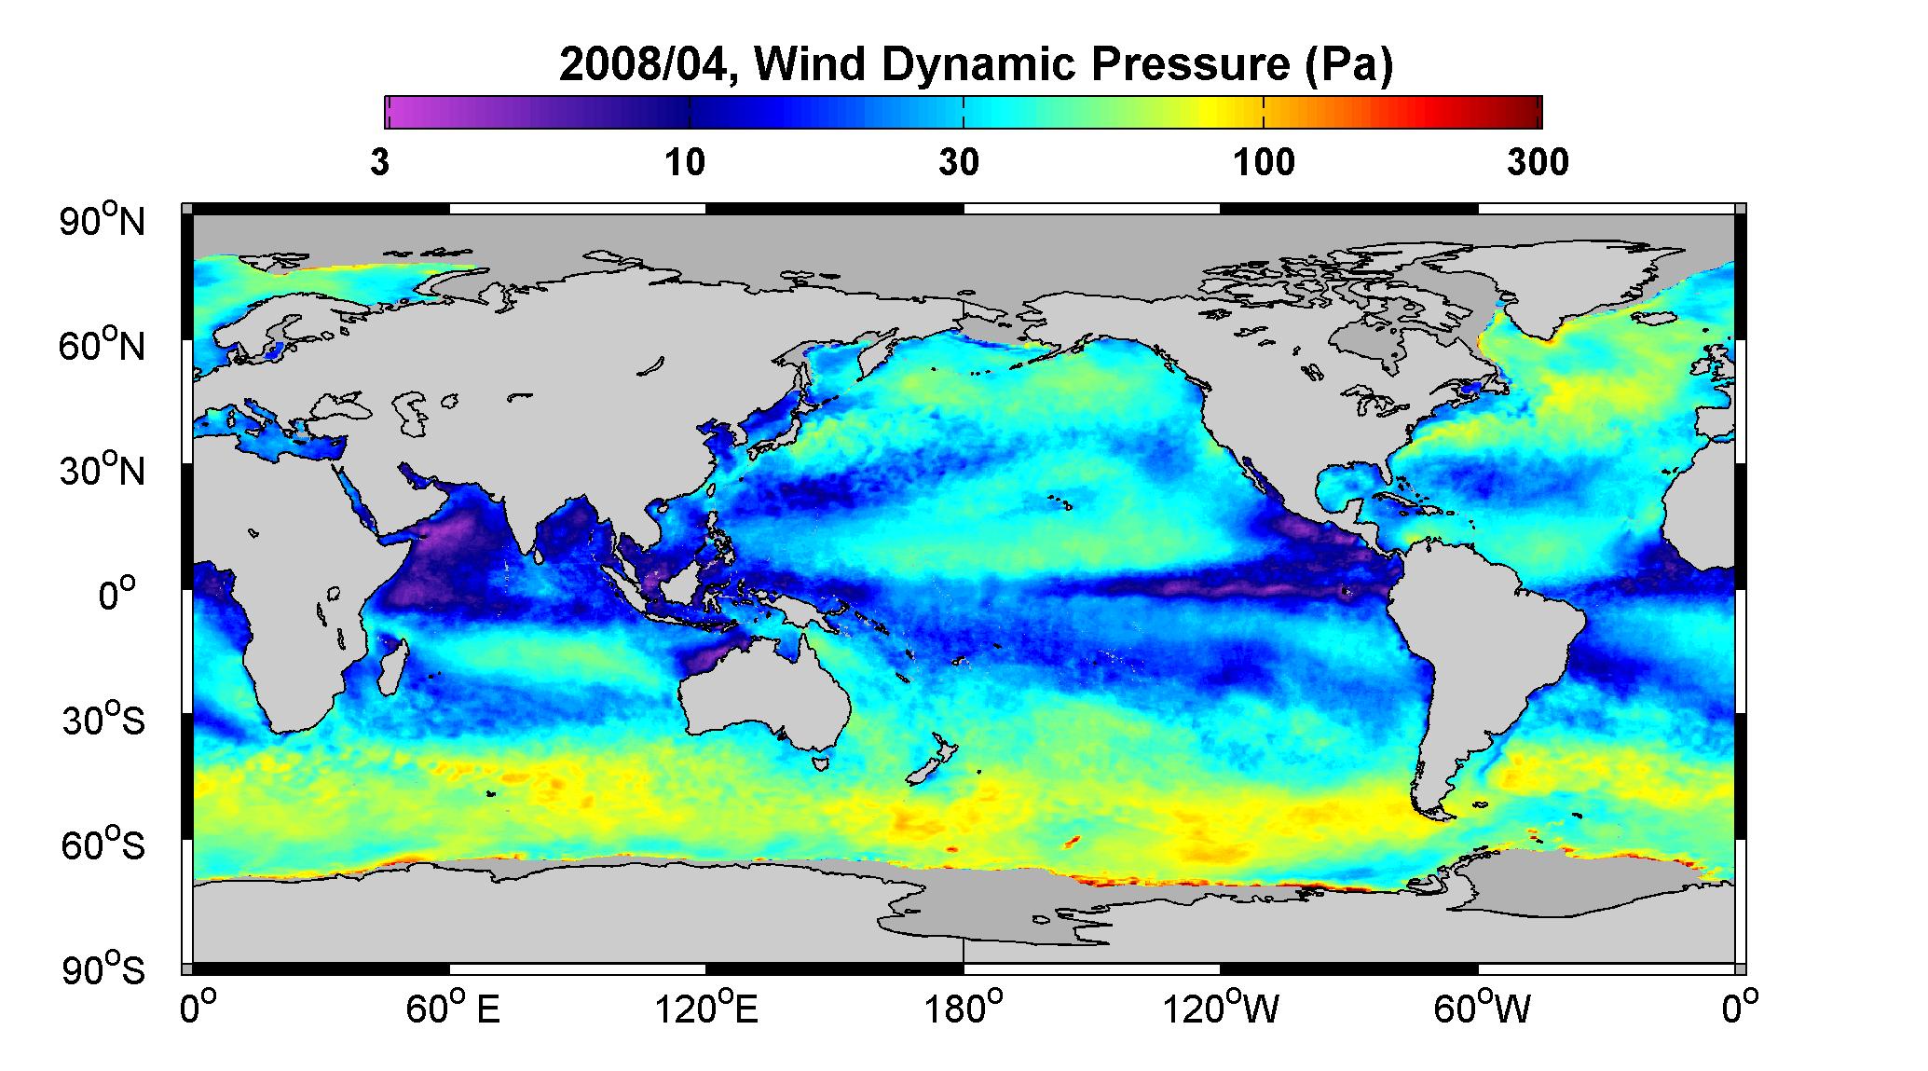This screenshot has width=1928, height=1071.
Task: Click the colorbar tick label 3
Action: [x=379, y=163]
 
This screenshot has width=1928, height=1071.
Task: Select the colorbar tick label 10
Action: [x=685, y=163]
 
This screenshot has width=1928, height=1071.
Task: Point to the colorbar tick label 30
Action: [x=959, y=163]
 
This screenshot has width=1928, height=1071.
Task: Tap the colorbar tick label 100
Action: [x=1264, y=163]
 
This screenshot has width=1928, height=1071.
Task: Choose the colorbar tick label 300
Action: [x=1538, y=163]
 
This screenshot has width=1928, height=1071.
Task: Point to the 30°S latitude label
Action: [x=103, y=721]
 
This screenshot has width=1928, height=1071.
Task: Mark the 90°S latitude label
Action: [x=103, y=969]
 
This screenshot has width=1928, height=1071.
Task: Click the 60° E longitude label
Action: [x=452, y=1009]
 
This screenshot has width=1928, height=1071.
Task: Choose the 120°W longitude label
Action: [x=1222, y=1009]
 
